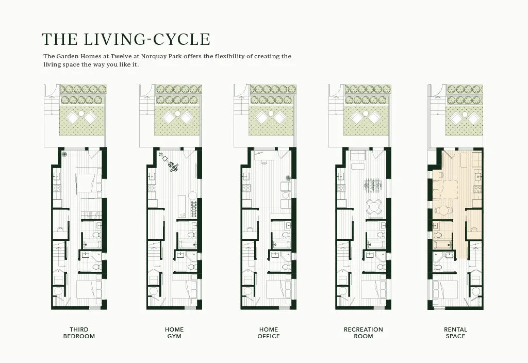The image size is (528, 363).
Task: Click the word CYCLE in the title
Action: (182, 39)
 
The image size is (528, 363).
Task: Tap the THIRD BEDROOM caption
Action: (79, 333)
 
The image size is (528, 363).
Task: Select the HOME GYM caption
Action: (174, 333)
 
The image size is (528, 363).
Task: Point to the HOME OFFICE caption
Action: (269, 333)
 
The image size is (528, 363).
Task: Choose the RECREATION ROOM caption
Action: (364, 333)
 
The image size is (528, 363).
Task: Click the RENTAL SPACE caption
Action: (456, 333)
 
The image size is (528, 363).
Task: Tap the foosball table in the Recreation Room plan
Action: (372, 186)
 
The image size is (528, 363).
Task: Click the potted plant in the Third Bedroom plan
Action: (64, 155)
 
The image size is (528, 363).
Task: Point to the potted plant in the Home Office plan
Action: (288, 178)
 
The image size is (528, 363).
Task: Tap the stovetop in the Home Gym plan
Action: (152, 188)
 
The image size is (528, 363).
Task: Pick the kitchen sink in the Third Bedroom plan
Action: (57, 176)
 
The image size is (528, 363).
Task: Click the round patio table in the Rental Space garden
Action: (465, 114)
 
